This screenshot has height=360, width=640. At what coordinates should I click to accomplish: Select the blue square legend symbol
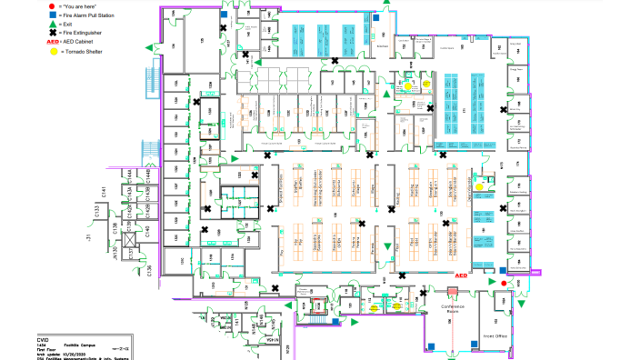(53, 15)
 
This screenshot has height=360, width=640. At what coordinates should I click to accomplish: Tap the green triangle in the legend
(53, 24)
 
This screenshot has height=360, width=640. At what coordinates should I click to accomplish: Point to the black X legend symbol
(53, 33)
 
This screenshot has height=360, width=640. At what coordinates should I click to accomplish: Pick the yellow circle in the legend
(53, 53)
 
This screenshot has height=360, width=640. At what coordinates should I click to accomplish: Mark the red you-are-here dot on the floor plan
(505, 282)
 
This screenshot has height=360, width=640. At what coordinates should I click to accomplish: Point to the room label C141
(105, 194)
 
